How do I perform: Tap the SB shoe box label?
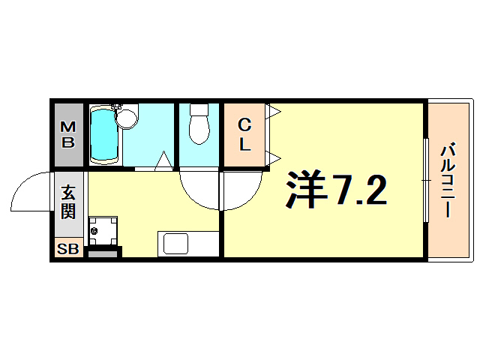[67, 249]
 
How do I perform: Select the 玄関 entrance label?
[67, 201]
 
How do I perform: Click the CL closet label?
[244, 134]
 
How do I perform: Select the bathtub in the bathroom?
[105, 135]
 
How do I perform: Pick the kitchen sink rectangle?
[177, 244]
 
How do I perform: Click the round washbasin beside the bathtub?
[128, 118]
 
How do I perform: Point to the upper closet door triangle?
[274, 112]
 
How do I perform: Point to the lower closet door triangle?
[274, 157]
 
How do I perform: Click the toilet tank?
[199, 109]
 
